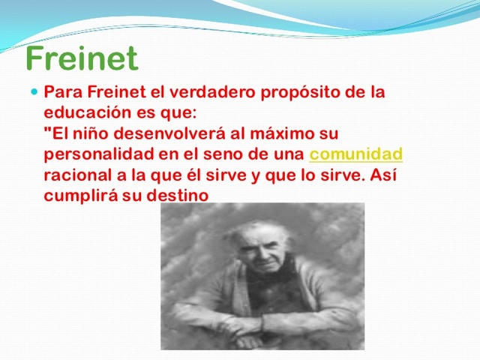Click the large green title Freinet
pos(82,58)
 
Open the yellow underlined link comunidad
pos(356,154)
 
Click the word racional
pos(75,175)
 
